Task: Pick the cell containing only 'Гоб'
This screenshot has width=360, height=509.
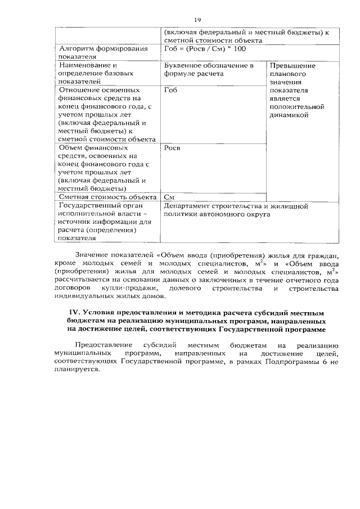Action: coord(170,90)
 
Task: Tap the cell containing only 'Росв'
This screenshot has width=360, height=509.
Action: coord(172,148)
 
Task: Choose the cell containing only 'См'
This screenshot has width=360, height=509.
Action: coord(168,197)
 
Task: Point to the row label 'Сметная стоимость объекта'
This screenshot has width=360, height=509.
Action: coord(107,197)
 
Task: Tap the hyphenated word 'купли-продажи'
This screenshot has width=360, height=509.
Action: coord(130,288)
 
